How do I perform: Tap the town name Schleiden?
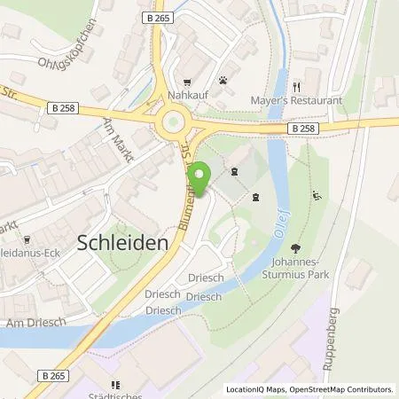pyautogui.click(x=124, y=241)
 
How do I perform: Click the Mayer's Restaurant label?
pyautogui.click(x=298, y=101)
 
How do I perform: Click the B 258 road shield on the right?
pyautogui.click(x=302, y=128)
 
